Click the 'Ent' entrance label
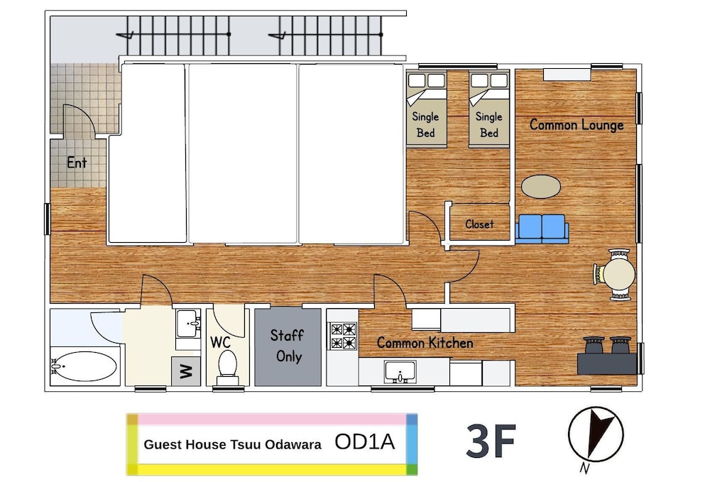pos(77,163)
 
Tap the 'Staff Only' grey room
pos(288,346)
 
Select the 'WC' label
pos(221,342)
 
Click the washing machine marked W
pos(185,371)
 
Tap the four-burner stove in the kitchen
pos(343,336)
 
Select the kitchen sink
pos(400,372)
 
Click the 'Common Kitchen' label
pos(425,343)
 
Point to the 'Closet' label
pos(479,224)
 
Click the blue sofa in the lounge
pos(542,229)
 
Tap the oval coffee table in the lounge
pos(540,187)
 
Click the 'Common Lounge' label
pos(577,124)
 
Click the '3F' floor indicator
pos(491,440)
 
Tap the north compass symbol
pos(596,434)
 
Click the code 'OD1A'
pos(364,442)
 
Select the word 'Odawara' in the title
pos(293,444)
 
